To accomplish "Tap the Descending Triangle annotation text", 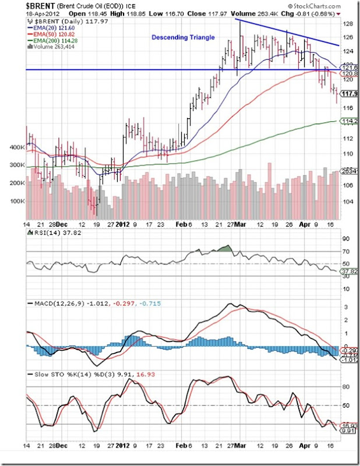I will (x=183, y=37).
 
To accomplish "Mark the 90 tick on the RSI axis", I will (x=345, y=238).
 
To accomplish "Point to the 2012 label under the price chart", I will (x=122, y=223).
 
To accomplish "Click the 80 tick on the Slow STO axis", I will (x=345, y=386).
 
